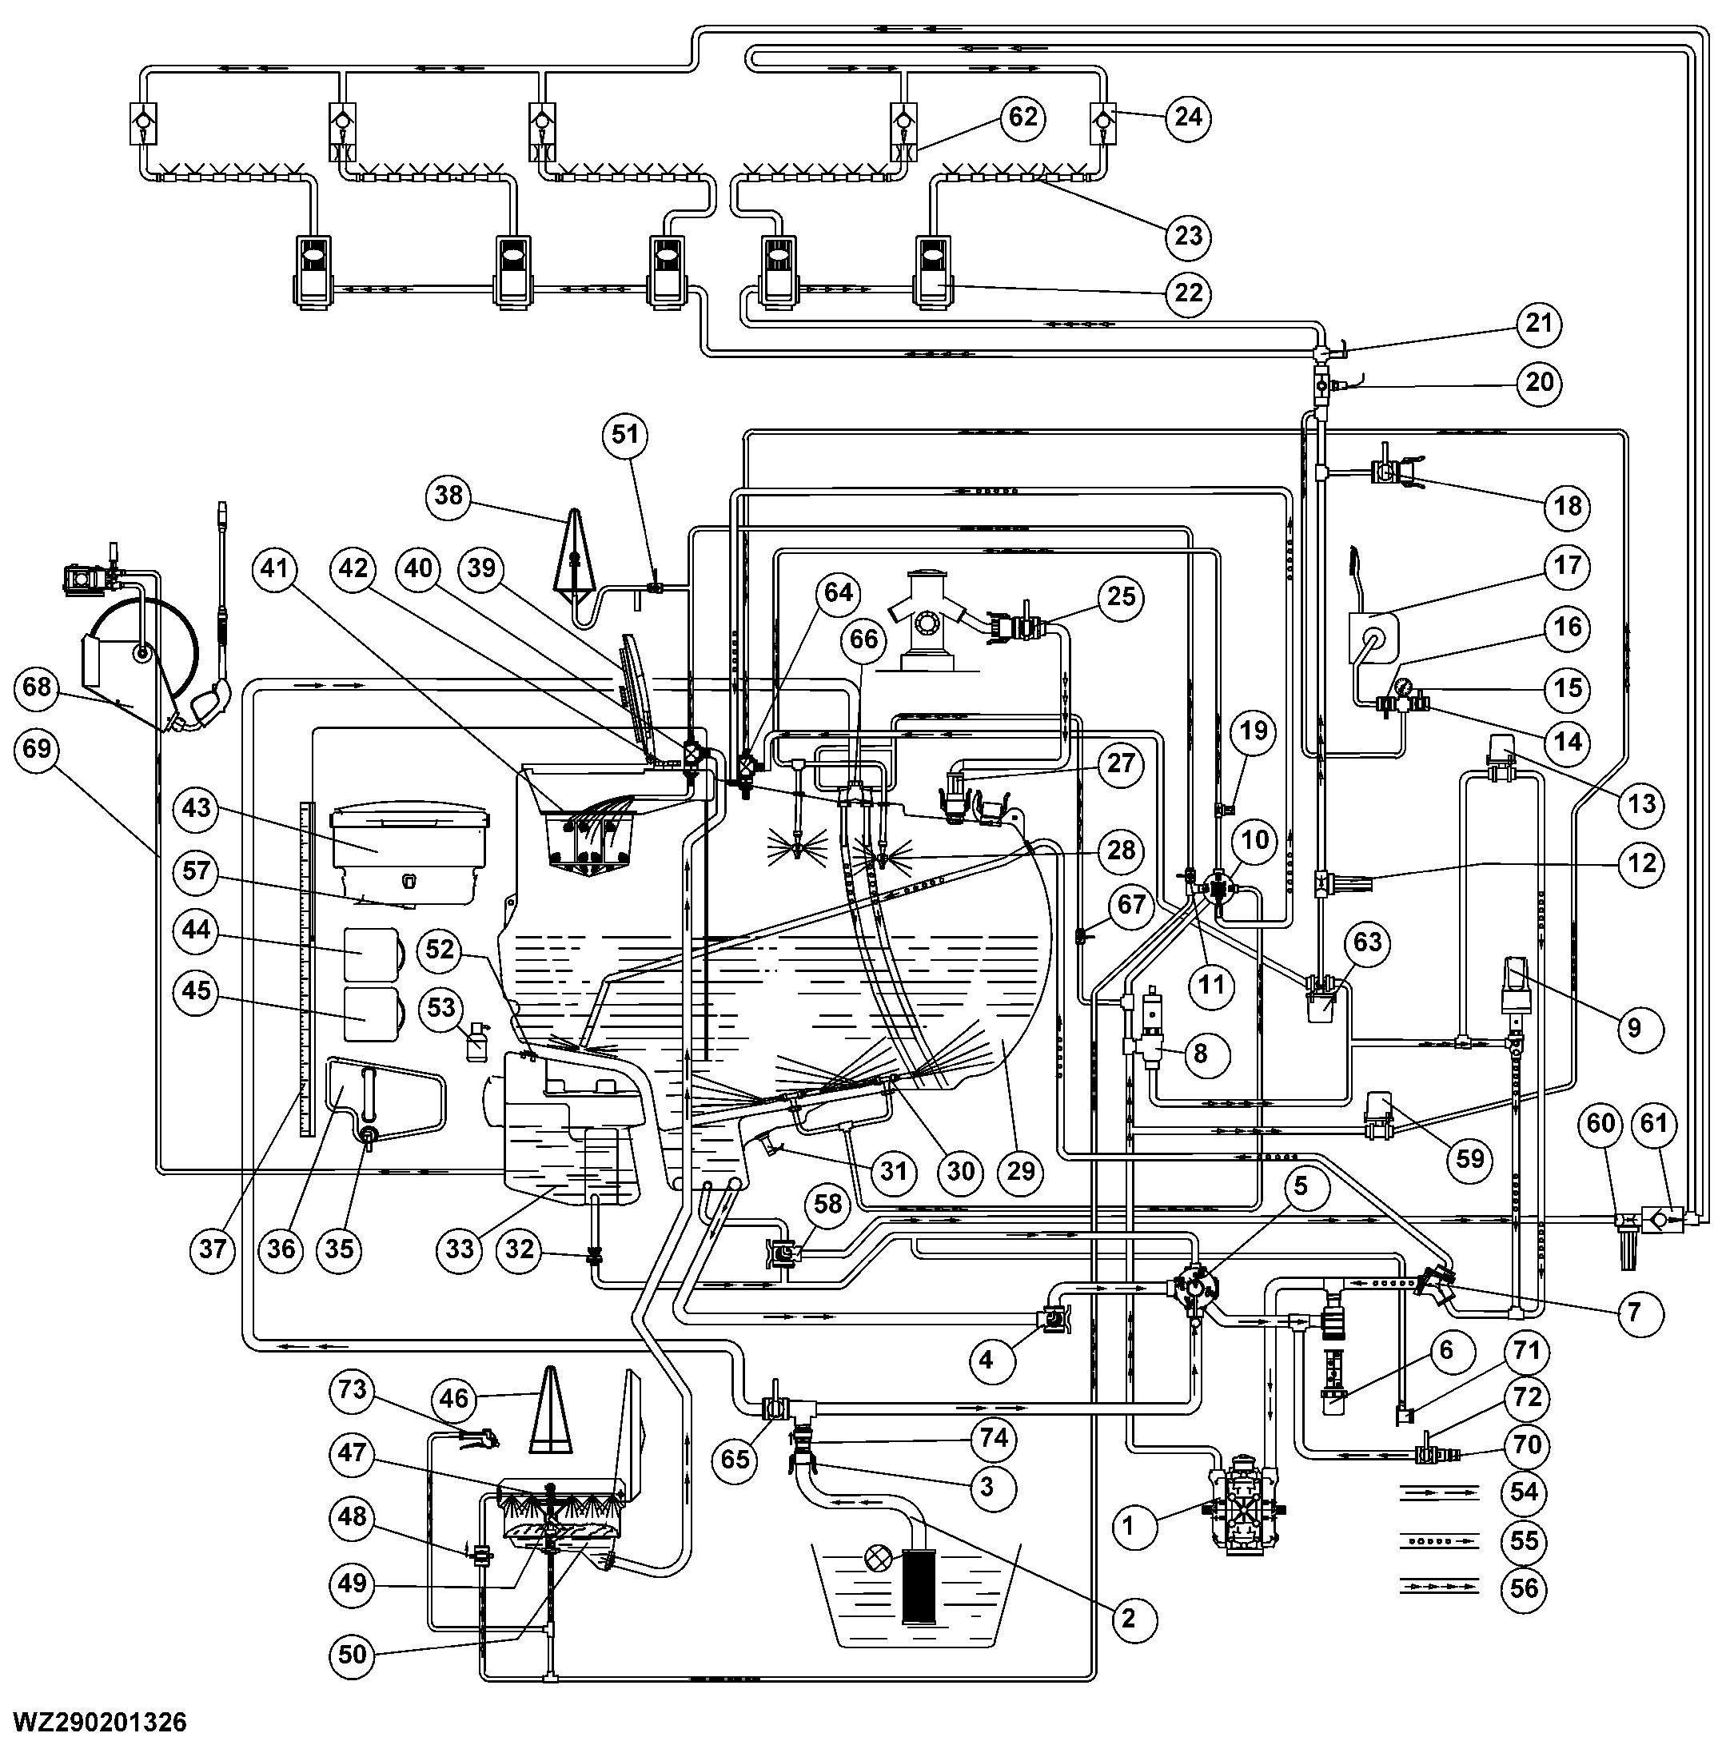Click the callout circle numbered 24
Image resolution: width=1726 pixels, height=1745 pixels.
[1188, 118]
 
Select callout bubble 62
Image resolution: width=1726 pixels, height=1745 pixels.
[1022, 118]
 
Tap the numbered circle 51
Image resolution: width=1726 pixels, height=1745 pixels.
[625, 436]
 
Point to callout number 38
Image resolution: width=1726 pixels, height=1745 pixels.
[448, 495]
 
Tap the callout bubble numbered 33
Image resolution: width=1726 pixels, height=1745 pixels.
[460, 1249]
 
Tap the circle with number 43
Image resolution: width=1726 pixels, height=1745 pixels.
[197, 807]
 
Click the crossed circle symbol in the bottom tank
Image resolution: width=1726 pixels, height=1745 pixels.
[878, 1560]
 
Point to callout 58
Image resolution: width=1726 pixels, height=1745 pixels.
[828, 1204]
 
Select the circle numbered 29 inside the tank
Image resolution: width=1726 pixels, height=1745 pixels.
[1021, 1172]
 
